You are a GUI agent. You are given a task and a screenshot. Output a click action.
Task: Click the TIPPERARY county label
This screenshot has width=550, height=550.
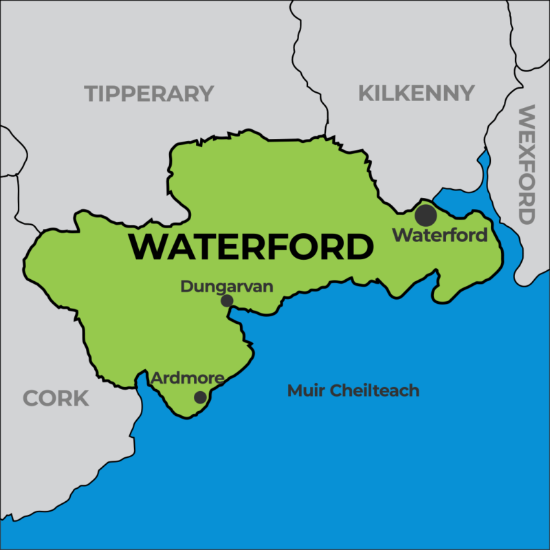click(x=148, y=93)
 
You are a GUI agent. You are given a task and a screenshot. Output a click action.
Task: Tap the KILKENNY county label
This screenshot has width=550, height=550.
click(x=416, y=93)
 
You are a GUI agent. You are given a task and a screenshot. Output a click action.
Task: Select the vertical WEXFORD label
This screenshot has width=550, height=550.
click(x=526, y=165)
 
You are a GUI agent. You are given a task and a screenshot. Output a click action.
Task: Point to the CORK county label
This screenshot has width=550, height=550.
click(x=56, y=397)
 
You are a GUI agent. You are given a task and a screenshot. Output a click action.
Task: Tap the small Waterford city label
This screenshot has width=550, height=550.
click(x=439, y=235)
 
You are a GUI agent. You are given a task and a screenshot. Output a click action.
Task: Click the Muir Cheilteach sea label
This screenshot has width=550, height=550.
click(x=353, y=391)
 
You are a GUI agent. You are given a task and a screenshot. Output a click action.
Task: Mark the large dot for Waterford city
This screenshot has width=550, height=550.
click(x=426, y=215)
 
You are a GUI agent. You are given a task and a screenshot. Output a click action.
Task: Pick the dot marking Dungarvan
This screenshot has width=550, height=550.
click(x=227, y=300)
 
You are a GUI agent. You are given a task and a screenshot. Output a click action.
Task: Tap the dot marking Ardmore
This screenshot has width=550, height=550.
click(x=200, y=397)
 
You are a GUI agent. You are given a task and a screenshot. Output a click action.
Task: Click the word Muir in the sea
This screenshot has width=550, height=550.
click(x=303, y=391)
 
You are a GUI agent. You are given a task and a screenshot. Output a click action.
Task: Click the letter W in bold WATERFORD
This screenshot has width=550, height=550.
click(x=146, y=247)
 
